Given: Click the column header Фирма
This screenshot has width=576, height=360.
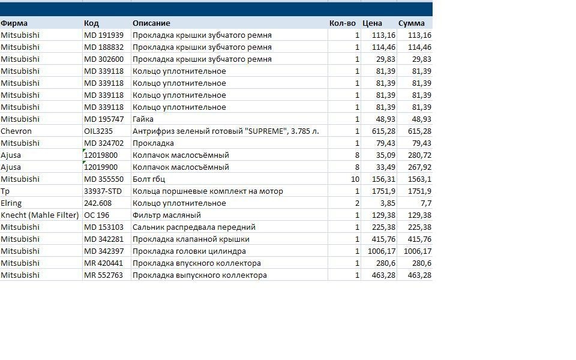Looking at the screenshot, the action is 14,23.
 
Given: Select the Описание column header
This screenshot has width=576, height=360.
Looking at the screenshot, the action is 151,23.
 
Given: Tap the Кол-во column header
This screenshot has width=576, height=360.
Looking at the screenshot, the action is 343,23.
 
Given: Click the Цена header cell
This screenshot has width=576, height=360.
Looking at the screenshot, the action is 372,23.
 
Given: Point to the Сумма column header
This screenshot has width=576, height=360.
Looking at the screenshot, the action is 412,23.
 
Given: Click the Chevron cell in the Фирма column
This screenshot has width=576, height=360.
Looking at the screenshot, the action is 16,131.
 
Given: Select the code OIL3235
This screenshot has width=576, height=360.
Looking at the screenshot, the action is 98,131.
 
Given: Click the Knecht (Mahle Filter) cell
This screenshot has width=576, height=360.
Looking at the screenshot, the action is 40,215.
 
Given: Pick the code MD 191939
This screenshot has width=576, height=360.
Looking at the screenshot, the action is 104,35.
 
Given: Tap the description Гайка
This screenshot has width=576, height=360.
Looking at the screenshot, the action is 143,119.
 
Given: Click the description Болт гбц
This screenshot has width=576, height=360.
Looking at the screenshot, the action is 149,179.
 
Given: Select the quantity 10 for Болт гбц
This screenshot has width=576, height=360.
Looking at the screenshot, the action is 355,179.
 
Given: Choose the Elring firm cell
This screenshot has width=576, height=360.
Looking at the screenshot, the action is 11,203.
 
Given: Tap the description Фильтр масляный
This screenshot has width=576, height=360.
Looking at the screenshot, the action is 167,215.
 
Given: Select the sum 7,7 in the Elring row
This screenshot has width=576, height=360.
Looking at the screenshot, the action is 426,203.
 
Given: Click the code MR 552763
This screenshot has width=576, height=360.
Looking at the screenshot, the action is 104,275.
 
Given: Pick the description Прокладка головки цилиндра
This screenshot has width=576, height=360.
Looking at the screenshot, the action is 189,251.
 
